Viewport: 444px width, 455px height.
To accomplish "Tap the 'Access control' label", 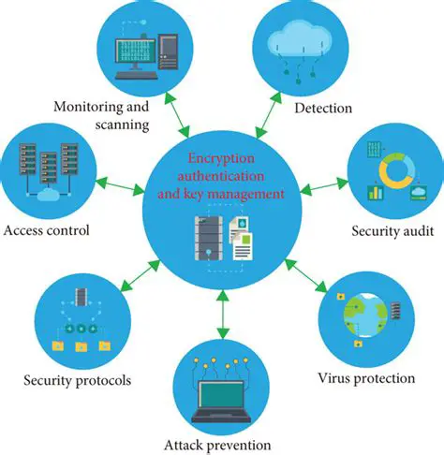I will [46, 230].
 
